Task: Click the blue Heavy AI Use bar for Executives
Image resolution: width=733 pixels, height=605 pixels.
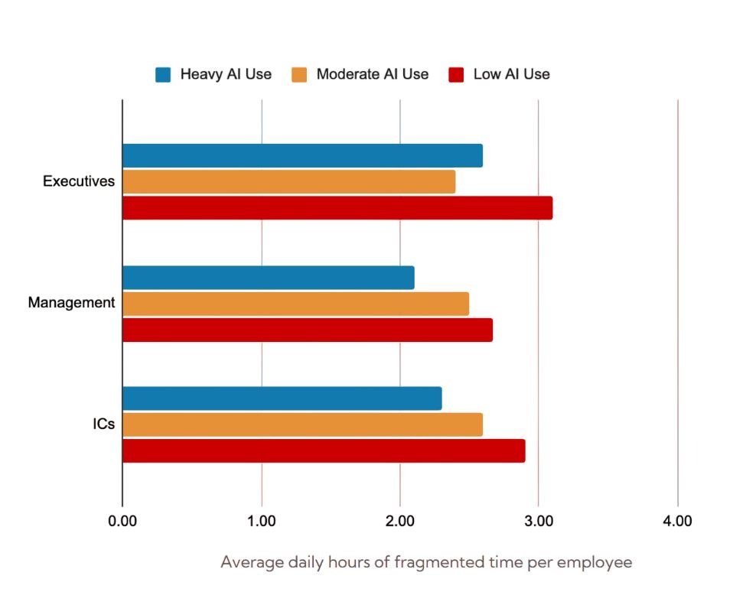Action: (302, 155)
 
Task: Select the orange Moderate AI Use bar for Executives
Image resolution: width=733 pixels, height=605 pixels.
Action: (288, 182)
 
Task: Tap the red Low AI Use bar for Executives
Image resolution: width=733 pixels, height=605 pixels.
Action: (337, 208)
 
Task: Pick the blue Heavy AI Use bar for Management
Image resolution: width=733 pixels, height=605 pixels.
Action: (268, 278)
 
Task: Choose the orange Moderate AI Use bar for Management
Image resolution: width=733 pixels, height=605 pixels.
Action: (295, 304)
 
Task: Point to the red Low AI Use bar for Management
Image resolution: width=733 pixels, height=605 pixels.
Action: (307, 330)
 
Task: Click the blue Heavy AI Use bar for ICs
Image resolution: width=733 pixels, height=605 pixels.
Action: (282, 398)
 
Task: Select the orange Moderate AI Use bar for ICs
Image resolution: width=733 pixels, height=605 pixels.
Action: (302, 424)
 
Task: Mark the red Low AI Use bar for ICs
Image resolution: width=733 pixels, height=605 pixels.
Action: (324, 450)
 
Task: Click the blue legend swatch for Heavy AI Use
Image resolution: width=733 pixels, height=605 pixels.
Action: (163, 74)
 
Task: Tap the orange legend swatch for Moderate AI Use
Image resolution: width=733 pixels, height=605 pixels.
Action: (299, 74)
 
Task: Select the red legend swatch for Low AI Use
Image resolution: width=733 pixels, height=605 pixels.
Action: (456, 74)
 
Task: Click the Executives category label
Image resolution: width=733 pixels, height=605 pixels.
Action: (79, 182)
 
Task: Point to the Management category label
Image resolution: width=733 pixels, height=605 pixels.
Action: (71, 303)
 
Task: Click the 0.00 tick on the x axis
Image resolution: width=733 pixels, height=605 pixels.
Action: (122, 522)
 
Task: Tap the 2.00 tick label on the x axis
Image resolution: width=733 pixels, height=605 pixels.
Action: (399, 522)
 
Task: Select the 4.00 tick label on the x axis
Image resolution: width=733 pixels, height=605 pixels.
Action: (677, 522)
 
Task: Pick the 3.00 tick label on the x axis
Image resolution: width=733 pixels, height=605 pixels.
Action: (538, 522)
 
